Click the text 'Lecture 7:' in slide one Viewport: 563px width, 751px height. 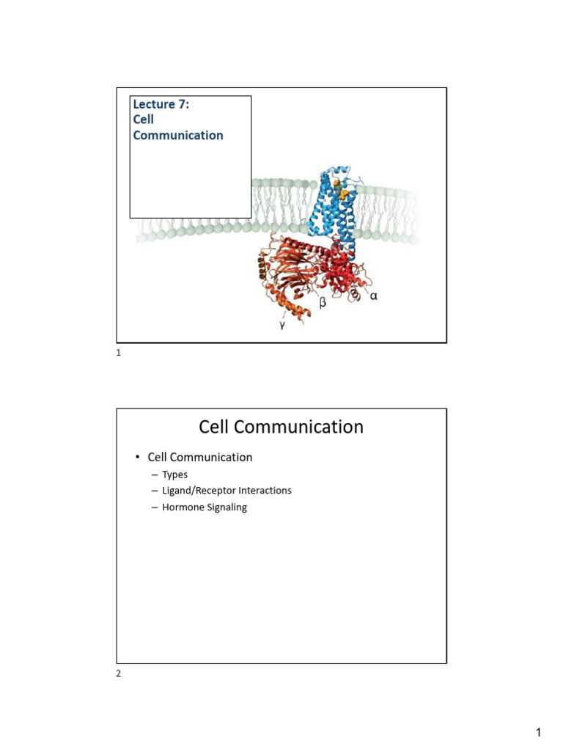(x=159, y=104)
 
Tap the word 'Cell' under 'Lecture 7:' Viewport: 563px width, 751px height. (x=143, y=120)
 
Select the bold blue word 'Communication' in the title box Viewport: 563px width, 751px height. (x=178, y=136)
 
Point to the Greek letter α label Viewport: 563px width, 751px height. (x=373, y=296)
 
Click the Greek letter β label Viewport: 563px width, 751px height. (x=322, y=301)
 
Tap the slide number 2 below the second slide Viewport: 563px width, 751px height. (x=119, y=675)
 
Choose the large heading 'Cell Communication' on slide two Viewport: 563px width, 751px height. (x=281, y=427)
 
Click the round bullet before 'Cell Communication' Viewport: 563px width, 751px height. (x=137, y=458)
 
